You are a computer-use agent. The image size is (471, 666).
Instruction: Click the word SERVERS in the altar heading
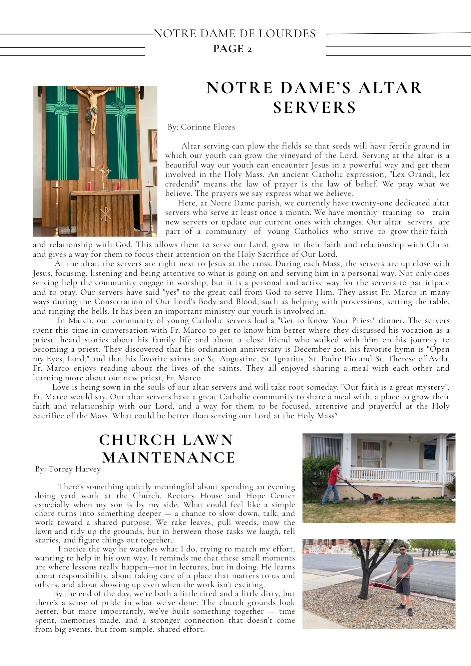point(314,108)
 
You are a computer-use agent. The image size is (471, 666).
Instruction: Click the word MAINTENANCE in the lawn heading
point(169,458)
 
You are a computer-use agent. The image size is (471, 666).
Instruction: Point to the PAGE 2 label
point(233,49)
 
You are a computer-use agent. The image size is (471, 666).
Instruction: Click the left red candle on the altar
point(89,186)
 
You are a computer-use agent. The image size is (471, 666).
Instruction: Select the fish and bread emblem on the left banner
point(62,108)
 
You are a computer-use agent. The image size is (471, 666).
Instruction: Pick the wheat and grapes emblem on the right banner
point(121,108)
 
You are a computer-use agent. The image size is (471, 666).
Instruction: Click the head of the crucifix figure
point(89,91)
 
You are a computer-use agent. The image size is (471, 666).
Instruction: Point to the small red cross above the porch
point(410,438)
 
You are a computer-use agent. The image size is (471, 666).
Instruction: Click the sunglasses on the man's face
point(402,549)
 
